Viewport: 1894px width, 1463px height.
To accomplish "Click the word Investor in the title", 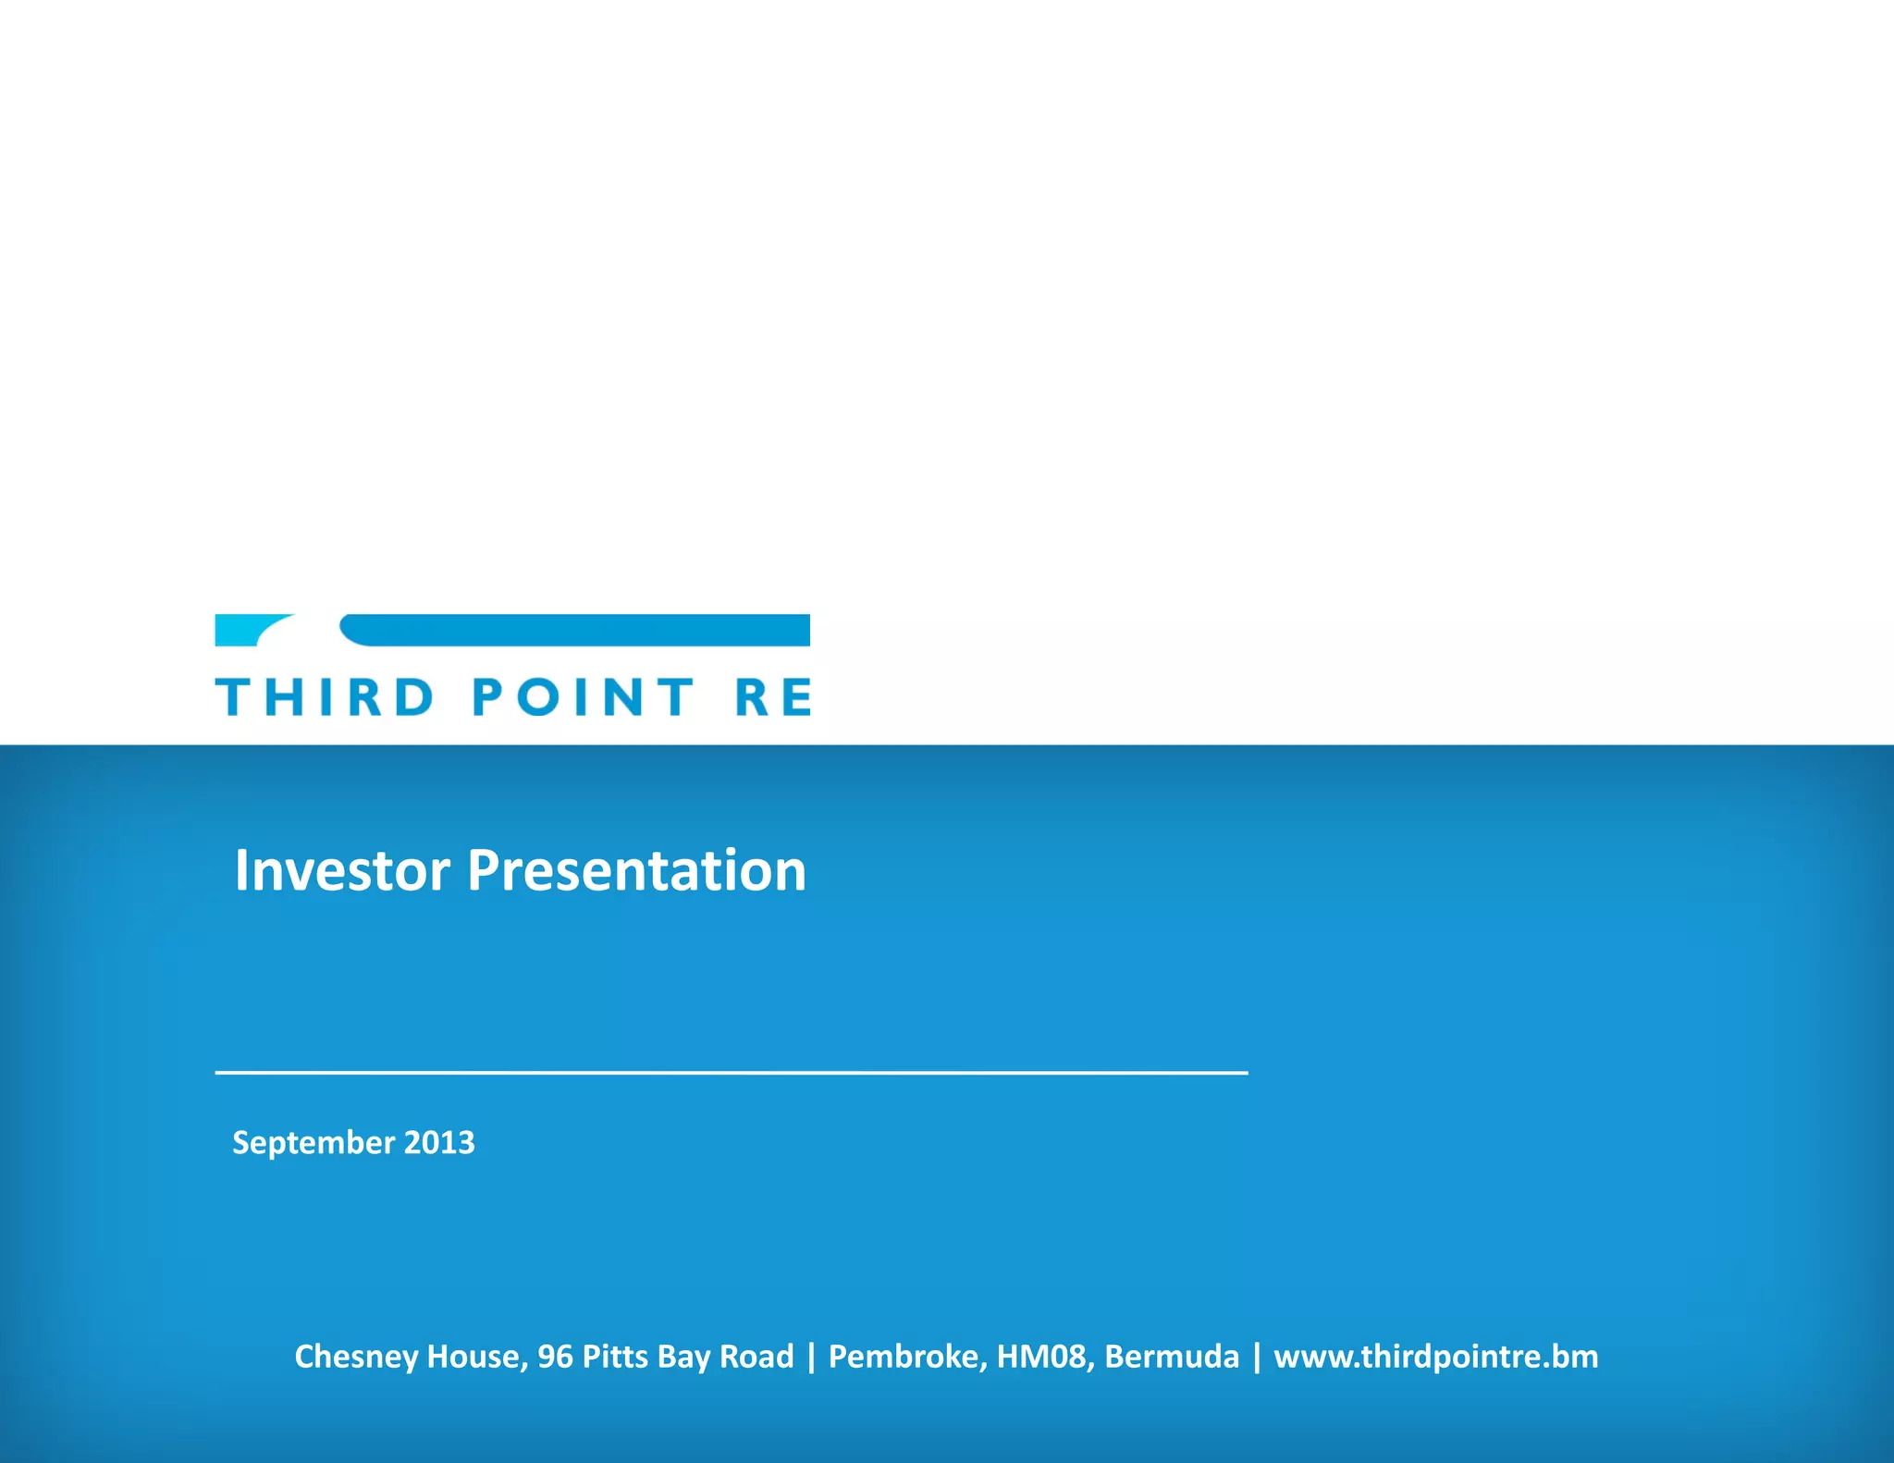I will pyautogui.click(x=342, y=871).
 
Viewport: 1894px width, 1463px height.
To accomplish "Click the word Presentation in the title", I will pyautogui.click(x=636, y=871).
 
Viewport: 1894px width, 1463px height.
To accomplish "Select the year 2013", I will pyautogui.click(x=439, y=1143).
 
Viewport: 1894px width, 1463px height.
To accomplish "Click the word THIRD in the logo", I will pyautogui.click(x=324, y=697).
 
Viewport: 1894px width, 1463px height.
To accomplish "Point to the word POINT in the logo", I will pyautogui.click(x=583, y=697).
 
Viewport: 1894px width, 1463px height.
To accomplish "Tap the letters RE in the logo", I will pyautogui.click(x=773, y=697).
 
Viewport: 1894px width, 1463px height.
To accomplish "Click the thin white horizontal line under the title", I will pyautogui.click(x=731, y=1072).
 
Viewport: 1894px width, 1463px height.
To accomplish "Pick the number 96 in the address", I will pyautogui.click(x=555, y=1357).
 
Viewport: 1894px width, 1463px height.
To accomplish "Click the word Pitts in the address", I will pyautogui.click(x=615, y=1357).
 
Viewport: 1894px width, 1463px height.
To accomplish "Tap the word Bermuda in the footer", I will pyautogui.click(x=1171, y=1357).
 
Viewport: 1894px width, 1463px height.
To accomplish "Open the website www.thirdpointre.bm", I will pyautogui.click(x=1435, y=1357).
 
